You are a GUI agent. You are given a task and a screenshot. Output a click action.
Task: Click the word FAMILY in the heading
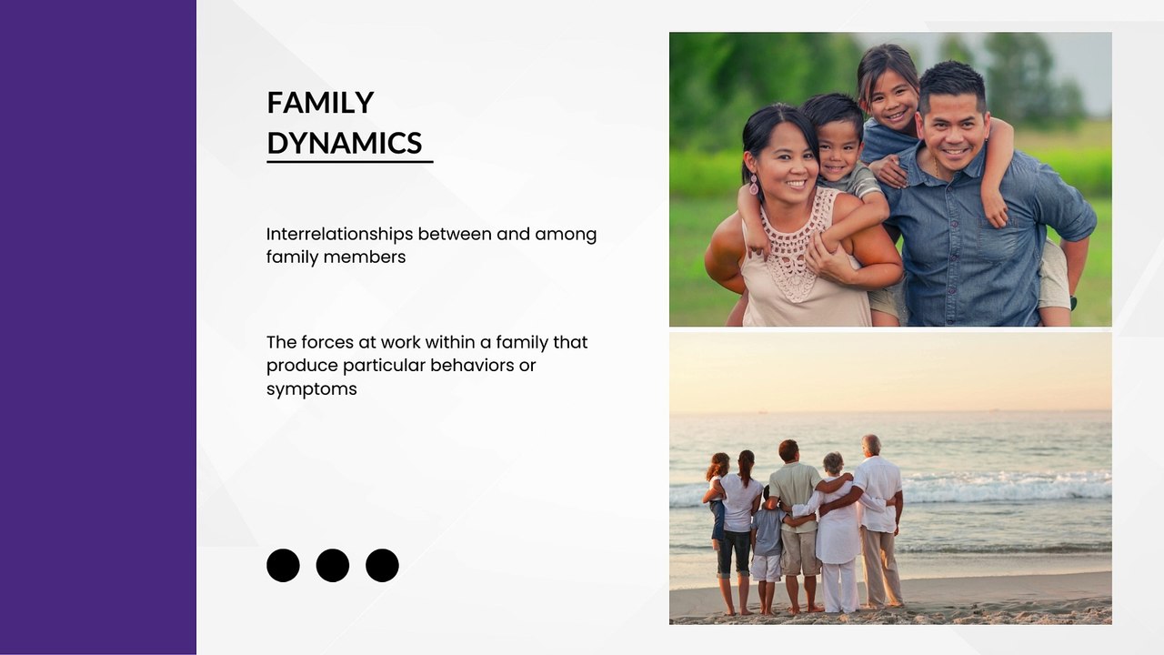pos(320,103)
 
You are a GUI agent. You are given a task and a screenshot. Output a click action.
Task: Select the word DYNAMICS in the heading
pos(344,143)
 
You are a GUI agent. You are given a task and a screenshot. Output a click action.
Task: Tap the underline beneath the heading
pos(350,162)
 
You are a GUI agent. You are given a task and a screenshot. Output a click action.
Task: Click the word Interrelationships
pos(340,235)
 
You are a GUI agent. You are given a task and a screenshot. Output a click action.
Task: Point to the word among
pos(566,235)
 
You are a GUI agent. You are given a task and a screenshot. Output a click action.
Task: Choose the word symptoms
pos(312,389)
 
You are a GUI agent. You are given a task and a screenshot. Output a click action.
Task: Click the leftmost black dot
pos(283,565)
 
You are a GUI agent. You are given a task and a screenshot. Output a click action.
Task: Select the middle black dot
pos(333,565)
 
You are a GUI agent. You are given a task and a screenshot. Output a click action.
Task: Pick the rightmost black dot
pos(382,565)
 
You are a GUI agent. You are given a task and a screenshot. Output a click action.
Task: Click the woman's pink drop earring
pos(754,185)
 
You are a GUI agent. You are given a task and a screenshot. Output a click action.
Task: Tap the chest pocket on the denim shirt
pos(998,239)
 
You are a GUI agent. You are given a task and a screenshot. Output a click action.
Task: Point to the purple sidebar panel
pos(98,327)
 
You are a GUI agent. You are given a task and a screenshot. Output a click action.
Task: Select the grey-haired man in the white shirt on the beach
pos(879,519)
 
